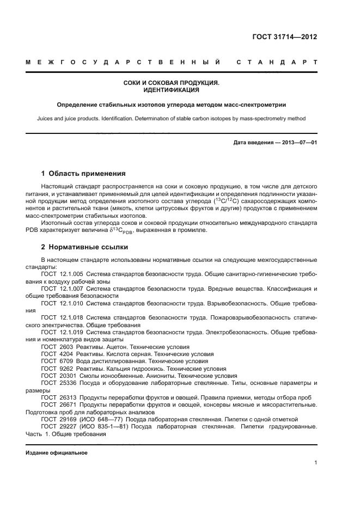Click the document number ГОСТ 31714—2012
point(285,37)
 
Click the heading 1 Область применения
point(83,174)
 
